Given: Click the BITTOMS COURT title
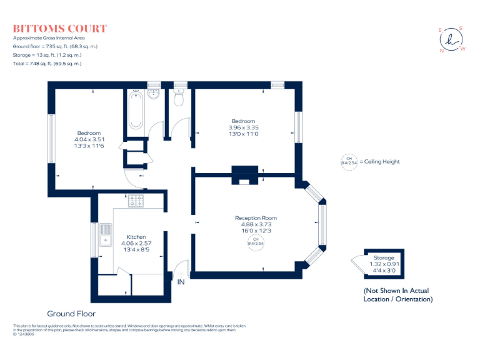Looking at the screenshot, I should click(x=60, y=29).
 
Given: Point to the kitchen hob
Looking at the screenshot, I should click(x=136, y=201).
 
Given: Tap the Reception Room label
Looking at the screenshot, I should click(x=256, y=218).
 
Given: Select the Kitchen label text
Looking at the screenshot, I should click(x=136, y=237).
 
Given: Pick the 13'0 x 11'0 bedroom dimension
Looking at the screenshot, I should click(x=243, y=134).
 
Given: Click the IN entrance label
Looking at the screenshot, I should click(x=181, y=282).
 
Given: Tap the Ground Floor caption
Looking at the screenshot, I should click(x=71, y=313).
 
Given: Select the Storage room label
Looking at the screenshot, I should click(x=384, y=257).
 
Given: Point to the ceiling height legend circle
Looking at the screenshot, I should click(x=346, y=161).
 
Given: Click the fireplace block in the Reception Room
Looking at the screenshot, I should click(x=244, y=174).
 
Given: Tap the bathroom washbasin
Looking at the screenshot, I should click(x=153, y=95).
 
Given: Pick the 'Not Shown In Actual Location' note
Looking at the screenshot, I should click(x=397, y=295).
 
